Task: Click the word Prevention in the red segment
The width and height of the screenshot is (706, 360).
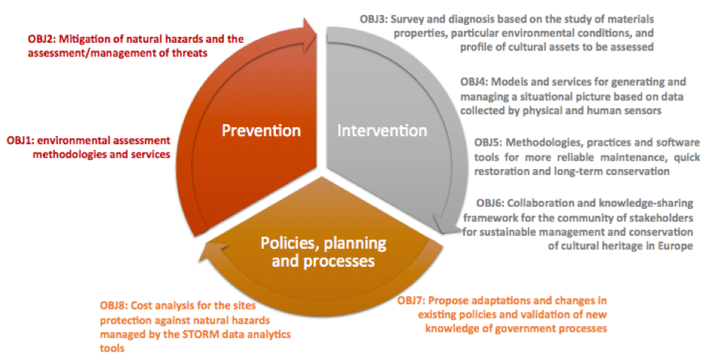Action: [261, 131]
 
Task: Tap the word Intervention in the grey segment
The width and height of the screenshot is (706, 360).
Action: [382, 131]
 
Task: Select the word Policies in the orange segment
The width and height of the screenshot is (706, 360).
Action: [289, 244]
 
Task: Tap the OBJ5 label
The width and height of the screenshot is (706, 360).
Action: [489, 143]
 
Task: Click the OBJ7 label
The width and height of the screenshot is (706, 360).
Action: [411, 300]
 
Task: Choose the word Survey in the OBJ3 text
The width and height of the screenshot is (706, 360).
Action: [408, 20]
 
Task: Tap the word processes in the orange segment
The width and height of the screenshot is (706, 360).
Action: [339, 261]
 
